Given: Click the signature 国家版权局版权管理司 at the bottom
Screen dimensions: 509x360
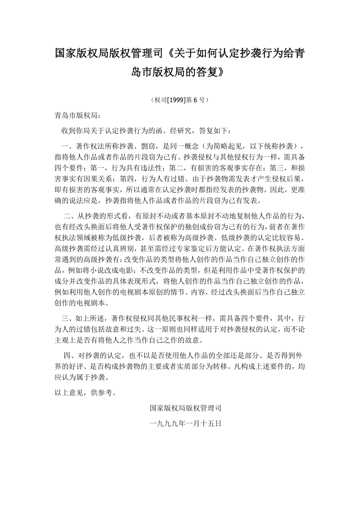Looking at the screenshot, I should pos(186,409).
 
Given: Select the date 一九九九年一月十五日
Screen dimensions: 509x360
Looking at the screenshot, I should pos(186,423).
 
